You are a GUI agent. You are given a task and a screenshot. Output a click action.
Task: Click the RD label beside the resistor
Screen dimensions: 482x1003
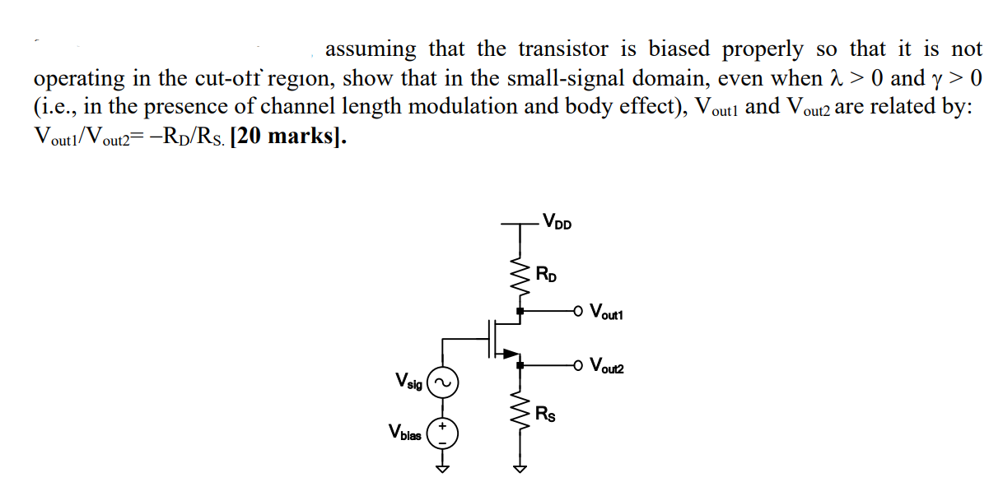pyautogui.click(x=546, y=273)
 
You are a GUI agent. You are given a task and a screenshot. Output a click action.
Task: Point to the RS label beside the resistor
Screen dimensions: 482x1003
pyautogui.click(x=545, y=414)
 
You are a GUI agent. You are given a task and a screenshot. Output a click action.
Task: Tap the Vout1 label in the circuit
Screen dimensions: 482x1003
pyautogui.click(x=609, y=313)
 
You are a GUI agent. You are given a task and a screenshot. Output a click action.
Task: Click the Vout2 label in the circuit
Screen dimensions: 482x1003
pyautogui.click(x=609, y=367)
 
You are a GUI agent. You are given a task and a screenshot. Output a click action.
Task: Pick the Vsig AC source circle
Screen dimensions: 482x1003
pyautogui.click(x=442, y=382)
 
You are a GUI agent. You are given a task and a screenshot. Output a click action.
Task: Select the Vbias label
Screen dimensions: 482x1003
pyautogui.click(x=405, y=432)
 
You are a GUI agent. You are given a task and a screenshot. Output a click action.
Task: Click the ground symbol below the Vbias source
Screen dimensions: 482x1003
pyautogui.click(x=442, y=469)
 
